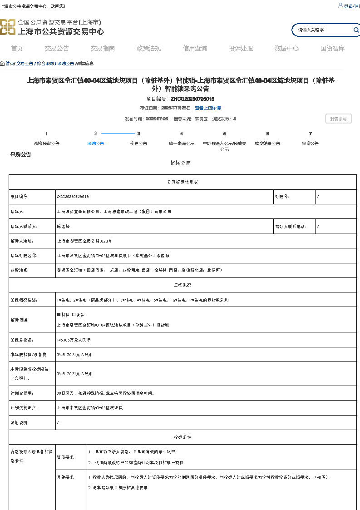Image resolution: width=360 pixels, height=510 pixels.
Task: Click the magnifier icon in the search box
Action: pyautogui.click(x=356, y=30)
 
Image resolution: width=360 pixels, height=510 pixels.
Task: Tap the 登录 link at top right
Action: pyautogui.click(x=348, y=6)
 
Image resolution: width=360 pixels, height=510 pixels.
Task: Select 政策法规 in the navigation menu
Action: pyautogui.click(x=148, y=49)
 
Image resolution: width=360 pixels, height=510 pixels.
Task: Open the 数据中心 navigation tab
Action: pyautogui.click(x=286, y=49)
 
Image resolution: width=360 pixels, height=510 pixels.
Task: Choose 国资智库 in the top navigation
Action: pyautogui.click(x=332, y=49)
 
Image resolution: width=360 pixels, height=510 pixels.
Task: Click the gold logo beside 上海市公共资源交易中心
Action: pyautogui.click(x=8, y=27)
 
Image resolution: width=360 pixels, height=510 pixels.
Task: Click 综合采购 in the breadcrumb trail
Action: pyautogui.click(x=45, y=64)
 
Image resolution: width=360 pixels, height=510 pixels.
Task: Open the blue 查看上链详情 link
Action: pyautogui.click(x=208, y=108)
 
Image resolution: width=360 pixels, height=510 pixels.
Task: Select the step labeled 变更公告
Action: pyautogui.click(x=138, y=143)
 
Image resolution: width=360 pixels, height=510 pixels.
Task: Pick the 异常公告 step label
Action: pyautogui.click(x=310, y=143)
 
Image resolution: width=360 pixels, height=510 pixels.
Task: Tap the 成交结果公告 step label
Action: pyautogui.click(x=267, y=143)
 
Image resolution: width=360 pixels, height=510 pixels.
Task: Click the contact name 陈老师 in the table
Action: pyautogui.click(x=63, y=227)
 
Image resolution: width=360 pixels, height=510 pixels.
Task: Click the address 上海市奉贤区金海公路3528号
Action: pyautogui.click(x=84, y=241)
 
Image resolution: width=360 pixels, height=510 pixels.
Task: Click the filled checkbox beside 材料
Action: pyautogui.click(x=59, y=314)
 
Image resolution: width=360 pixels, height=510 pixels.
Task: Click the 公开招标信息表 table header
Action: pyautogui.click(x=182, y=182)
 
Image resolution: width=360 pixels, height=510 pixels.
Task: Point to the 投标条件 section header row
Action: pyautogui.click(x=182, y=437)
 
